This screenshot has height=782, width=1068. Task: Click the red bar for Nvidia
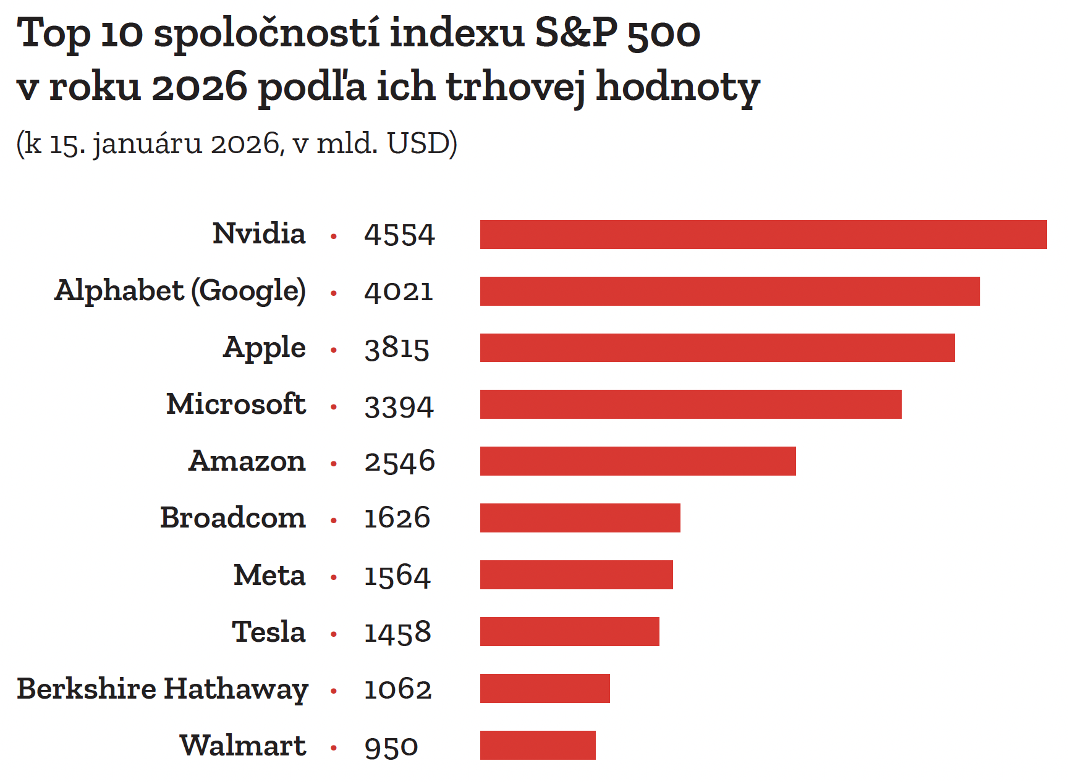pos(763,234)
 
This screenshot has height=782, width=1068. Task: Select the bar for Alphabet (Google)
pos(730,291)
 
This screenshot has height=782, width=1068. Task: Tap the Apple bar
pos(717,348)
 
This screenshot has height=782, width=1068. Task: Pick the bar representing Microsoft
pos(690,405)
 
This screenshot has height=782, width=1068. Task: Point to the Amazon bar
pos(638,461)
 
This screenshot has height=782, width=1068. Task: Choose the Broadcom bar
pos(580,518)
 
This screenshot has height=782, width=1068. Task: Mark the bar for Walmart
pos(538,745)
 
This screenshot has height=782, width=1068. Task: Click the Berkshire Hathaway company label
pos(163,689)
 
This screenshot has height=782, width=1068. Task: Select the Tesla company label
pos(269,632)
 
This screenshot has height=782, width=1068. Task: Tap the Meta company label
pos(269,575)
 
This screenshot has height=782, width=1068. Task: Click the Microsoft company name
pos(236,405)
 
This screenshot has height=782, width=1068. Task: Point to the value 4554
pos(399,235)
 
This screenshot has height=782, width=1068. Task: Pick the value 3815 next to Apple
pos(397,348)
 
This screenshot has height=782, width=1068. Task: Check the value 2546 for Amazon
pos(399,462)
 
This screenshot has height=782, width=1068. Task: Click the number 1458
pos(397,633)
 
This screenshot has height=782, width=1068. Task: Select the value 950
pos(391,747)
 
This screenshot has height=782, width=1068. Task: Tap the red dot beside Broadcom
pos(334,521)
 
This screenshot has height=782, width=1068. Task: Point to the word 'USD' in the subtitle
pos(418,143)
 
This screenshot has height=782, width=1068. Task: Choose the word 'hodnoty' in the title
pos(678,86)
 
